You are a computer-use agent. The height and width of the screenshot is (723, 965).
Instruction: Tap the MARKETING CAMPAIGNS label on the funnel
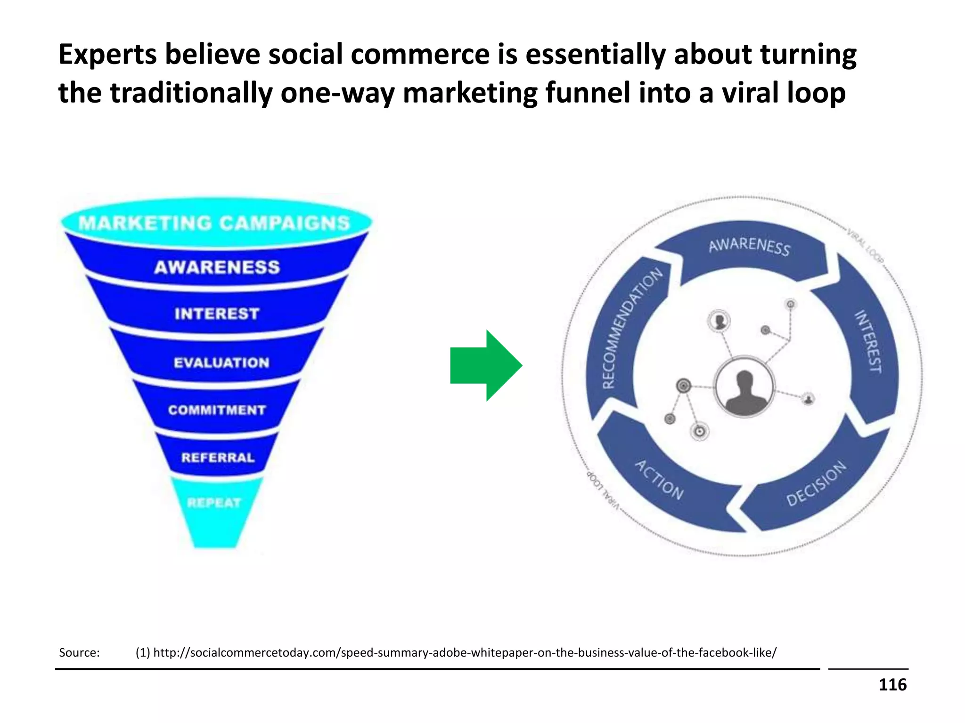(215, 223)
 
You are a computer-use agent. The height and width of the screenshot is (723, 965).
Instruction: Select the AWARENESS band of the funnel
(217, 267)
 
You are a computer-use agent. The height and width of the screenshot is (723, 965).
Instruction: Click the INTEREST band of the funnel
(217, 313)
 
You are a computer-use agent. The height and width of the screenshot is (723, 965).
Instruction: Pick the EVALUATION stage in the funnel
(221, 362)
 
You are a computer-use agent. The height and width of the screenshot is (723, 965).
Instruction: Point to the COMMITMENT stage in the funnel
(217, 410)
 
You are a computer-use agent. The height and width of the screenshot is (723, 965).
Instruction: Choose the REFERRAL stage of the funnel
(218, 458)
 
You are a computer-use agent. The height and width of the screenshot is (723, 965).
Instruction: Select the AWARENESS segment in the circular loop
(749, 247)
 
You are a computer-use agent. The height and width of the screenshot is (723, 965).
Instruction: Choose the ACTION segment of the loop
(660, 480)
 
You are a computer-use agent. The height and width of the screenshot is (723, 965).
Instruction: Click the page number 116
(892, 685)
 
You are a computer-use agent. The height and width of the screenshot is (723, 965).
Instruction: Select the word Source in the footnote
(79, 652)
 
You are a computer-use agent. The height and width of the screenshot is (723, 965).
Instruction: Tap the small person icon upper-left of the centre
(719, 321)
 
